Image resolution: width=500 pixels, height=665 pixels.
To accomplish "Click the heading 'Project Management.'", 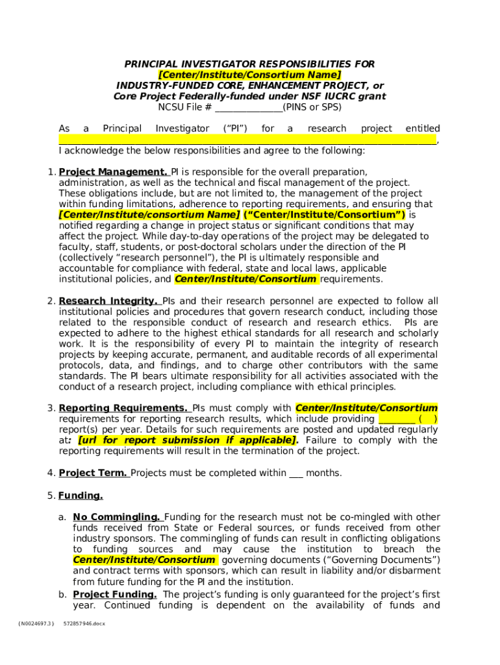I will [x=113, y=172].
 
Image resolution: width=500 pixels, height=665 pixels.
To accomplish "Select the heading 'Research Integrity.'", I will [x=108, y=301].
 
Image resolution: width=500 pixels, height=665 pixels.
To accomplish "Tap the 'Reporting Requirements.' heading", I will [x=123, y=408].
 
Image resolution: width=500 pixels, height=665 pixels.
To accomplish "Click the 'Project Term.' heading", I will [x=93, y=473].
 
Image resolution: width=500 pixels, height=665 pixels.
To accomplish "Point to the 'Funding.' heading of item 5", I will [x=81, y=496].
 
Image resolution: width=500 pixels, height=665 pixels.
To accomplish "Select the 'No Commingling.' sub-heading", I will [x=116, y=518].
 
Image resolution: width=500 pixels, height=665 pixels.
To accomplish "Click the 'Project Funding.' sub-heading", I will [x=114, y=595].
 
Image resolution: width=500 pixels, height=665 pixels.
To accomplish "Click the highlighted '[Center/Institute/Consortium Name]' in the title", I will [x=250, y=75].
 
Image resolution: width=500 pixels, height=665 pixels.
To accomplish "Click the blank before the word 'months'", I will [x=295, y=473].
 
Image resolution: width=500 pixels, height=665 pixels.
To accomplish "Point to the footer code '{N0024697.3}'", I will [x=36, y=623].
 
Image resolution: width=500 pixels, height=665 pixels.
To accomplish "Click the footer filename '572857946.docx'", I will [x=84, y=623].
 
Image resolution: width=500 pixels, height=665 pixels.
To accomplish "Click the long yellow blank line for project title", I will [x=247, y=140].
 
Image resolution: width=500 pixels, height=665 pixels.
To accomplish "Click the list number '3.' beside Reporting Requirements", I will [x=51, y=408].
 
